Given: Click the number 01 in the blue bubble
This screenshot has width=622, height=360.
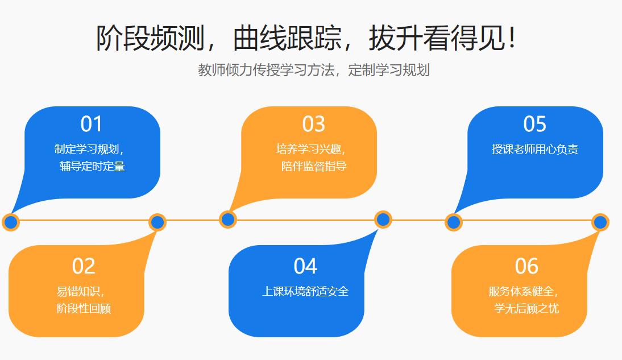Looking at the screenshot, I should tap(91, 124).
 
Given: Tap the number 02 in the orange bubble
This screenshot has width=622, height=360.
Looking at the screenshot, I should tap(83, 266).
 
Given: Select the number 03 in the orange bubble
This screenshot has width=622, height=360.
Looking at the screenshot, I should tap(313, 124).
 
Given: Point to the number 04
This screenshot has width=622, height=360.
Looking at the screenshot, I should tap(305, 266).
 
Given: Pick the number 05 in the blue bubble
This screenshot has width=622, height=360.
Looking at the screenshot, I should tap(534, 124).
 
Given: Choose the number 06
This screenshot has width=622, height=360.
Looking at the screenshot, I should tap(526, 266).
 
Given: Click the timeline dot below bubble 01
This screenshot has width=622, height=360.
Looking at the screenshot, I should tap(11, 222).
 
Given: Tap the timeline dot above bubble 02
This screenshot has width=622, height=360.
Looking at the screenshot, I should tap(157, 222).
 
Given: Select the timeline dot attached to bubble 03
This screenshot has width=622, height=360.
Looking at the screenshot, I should tap(227, 219).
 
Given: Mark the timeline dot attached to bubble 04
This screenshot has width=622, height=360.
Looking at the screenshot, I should tap(383, 219).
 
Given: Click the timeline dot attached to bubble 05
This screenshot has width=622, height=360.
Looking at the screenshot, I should tap(453, 222).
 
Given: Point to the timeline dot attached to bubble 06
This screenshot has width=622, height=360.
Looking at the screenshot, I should tap(600, 222).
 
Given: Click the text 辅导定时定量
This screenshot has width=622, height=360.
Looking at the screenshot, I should tap(92, 167).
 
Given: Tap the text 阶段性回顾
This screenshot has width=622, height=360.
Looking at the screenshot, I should tap(84, 309).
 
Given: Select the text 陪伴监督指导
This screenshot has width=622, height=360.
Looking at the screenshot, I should tap(314, 167).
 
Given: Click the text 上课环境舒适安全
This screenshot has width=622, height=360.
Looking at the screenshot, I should tap(305, 292).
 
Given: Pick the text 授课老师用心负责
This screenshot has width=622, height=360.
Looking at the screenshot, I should tap(535, 150).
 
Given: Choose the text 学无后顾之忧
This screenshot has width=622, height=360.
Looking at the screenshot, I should tap(526, 309).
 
